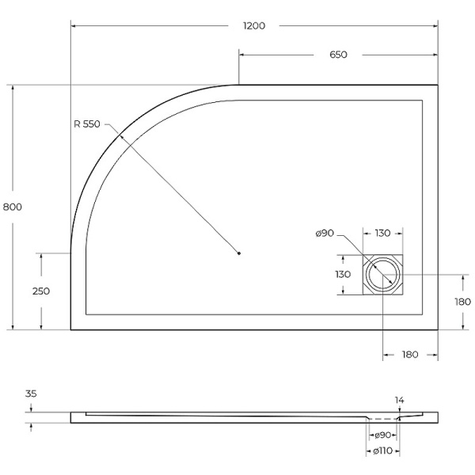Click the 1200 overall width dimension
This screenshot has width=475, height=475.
coord(253,25)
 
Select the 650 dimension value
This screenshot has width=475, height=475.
coord(338,55)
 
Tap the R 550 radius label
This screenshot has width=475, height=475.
coord(86,123)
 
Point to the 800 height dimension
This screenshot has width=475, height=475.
coord(12,207)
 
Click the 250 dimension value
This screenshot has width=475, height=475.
coord(40,291)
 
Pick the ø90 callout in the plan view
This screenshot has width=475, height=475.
coord(325,233)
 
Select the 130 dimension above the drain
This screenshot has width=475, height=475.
coord(382,233)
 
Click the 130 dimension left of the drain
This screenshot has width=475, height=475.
coord(342,275)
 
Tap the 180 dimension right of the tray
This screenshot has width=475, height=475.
coord(462,302)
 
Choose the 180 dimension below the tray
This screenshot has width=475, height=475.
coord(409,355)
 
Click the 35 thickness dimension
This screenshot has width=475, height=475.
coord(30,393)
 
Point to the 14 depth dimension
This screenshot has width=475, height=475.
coord(401,400)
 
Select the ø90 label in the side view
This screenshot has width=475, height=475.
coord(383,435)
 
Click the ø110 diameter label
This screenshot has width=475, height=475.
coord(383,451)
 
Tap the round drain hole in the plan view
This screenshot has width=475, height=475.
coord(383,274)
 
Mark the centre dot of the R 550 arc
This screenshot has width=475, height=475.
coord(239,253)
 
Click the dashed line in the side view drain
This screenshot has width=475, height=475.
coord(383,418)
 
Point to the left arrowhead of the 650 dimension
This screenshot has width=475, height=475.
coord(242,55)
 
